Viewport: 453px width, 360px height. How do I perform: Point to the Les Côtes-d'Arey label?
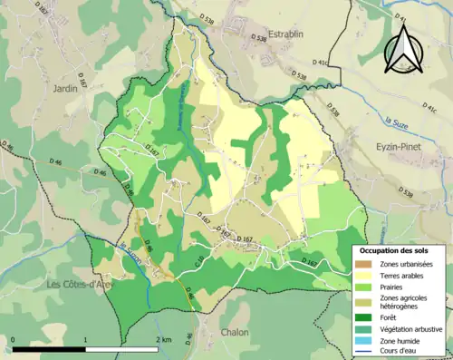pos(78,284)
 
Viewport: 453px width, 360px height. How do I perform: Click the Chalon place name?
pos(234,332)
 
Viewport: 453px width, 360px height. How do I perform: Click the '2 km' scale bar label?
pos(164,339)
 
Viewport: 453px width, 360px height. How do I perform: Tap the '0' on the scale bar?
pos(14,339)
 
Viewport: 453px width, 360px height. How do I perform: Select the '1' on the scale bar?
pos(85,339)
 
